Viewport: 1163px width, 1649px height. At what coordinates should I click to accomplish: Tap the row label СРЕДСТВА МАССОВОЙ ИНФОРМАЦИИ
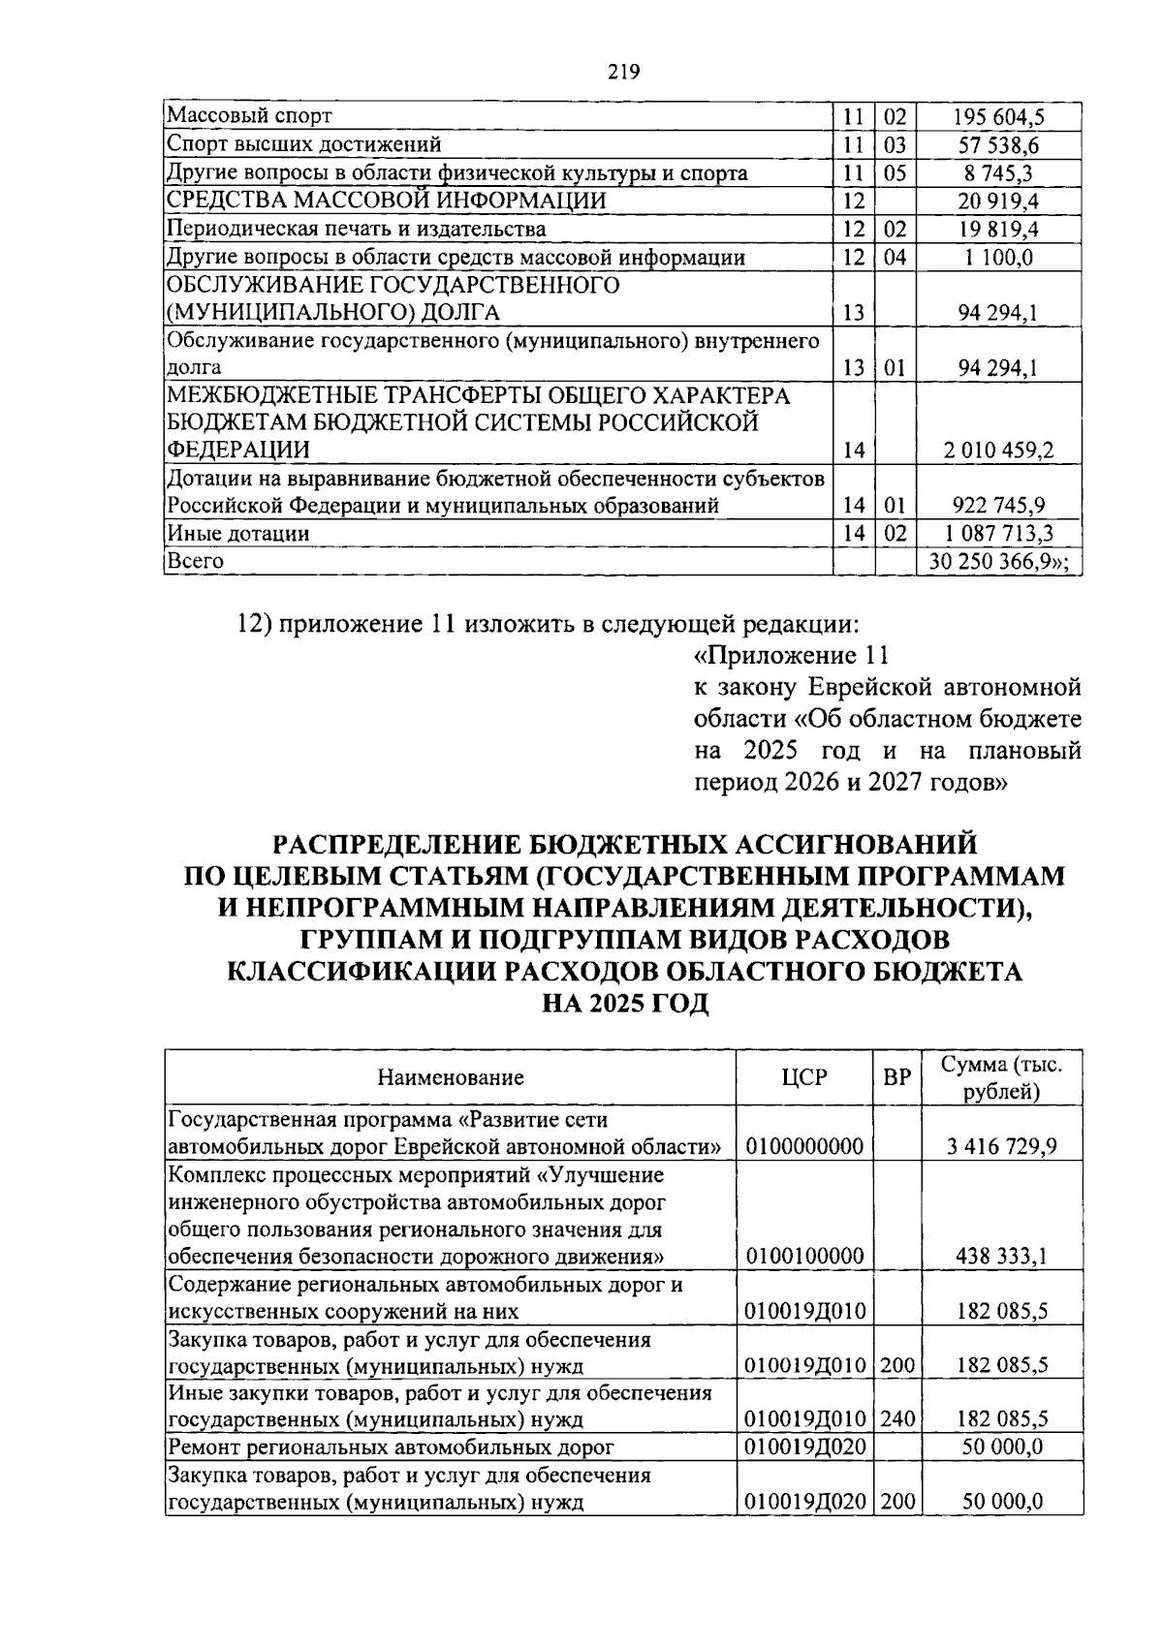(x=387, y=201)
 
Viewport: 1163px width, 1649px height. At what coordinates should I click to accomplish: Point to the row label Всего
(x=196, y=561)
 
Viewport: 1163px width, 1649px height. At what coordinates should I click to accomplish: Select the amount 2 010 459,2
(x=997, y=451)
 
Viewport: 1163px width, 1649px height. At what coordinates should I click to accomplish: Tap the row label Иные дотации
(x=238, y=533)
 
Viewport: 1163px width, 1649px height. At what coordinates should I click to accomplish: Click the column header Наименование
(x=451, y=1077)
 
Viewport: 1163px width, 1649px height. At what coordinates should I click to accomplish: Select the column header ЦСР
(x=804, y=1077)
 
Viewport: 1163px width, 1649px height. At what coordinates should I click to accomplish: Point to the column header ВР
(x=896, y=1077)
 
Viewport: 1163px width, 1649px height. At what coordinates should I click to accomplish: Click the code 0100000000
(x=804, y=1147)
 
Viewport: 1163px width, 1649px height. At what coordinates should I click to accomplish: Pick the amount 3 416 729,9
(x=1001, y=1147)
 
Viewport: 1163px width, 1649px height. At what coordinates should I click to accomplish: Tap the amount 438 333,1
(x=1001, y=1257)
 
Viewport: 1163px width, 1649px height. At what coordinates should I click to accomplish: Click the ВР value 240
(x=897, y=1420)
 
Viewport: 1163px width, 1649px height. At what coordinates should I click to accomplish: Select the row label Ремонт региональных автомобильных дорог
(x=392, y=1447)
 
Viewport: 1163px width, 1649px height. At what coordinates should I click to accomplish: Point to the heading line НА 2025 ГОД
(x=625, y=1005)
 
